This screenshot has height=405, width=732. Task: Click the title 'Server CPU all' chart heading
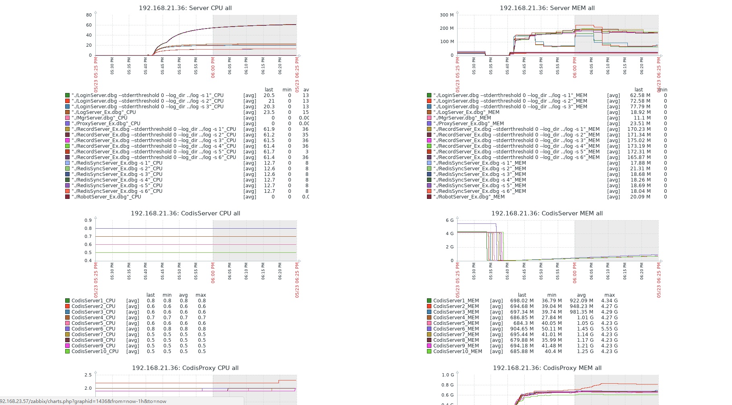(185, 8)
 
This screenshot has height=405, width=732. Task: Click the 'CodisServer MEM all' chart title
(547, 213)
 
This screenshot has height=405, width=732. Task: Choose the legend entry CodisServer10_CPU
(95, 351)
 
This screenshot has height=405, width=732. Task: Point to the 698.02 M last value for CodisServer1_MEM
(522, 301)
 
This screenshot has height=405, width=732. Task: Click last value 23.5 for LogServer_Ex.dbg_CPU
(269, 112)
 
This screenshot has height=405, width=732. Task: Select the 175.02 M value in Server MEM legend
(639, 141)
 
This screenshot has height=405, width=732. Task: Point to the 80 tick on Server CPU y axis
(89, 15)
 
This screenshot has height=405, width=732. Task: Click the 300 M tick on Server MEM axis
(447, 15)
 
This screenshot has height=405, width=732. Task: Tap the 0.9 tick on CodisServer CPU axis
(88, 220)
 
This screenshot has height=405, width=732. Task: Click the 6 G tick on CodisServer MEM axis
(450, 220)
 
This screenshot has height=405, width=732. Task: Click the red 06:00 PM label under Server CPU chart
(213, 67)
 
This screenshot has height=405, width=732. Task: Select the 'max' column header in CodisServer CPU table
(200, 295)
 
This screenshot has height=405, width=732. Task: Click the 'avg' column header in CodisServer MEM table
(581, 295)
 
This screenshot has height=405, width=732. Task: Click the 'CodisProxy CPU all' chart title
(185, 368)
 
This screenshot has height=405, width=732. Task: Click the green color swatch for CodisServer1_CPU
(68, 301)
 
